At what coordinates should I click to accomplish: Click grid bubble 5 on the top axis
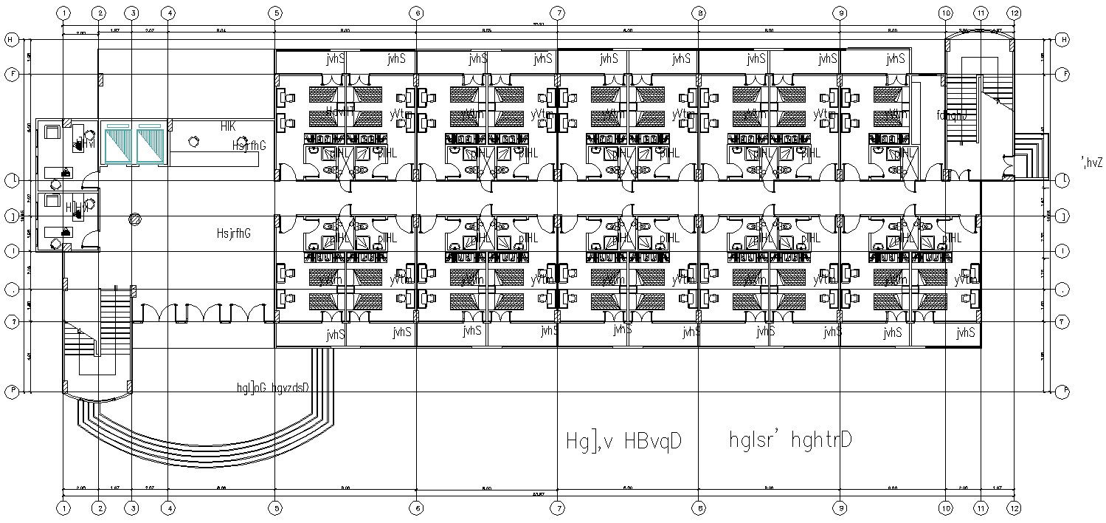coord(275,13)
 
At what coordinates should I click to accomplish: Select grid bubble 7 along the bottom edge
coord(558,508)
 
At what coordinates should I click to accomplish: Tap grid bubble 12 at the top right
coord(1015,13)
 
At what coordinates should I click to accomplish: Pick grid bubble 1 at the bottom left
coord(64,508)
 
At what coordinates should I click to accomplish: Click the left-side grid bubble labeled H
coord(11,39)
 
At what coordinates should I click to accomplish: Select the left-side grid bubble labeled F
coord(11,74)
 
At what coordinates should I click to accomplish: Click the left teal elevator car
coord(117,144)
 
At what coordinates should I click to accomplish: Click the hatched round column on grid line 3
coord(134,218)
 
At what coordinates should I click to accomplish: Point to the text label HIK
coord(228,127)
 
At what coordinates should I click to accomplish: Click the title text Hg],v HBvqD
coord(622,440)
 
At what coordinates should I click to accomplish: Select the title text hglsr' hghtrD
coord(790,440)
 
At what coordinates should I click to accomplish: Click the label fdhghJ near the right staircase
coord(952,115)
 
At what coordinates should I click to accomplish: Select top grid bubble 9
coord(840,13)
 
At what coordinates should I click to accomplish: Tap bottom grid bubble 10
coord(946,508)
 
